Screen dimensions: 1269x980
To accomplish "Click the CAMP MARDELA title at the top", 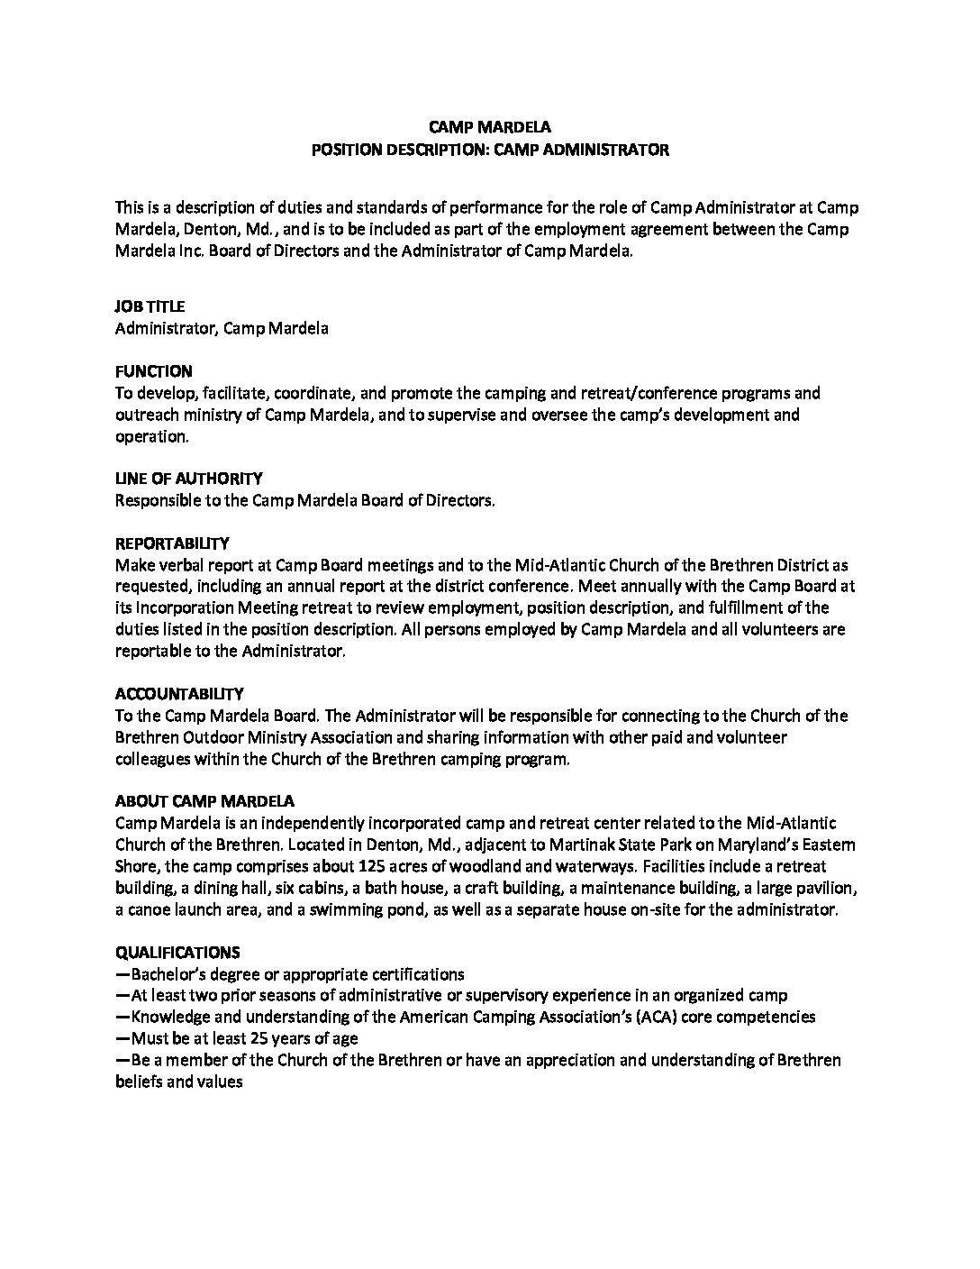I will (489, 128).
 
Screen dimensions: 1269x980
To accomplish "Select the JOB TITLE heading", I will (150, 306).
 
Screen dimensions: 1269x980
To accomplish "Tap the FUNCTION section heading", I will (153, 371).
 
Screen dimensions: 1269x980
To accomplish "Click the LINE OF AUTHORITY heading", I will (188, 479).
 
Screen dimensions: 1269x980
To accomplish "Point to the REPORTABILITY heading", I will (172, 543).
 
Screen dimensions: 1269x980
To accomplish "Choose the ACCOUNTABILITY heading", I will (179, 694).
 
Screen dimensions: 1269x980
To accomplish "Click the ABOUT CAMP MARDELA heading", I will (204, 801).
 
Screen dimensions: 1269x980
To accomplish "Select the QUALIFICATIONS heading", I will (177, 952).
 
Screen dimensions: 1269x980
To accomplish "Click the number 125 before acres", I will (372, 866).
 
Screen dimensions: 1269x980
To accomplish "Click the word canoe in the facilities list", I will (145, 909).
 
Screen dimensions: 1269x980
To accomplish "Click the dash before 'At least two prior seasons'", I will (122, 996).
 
